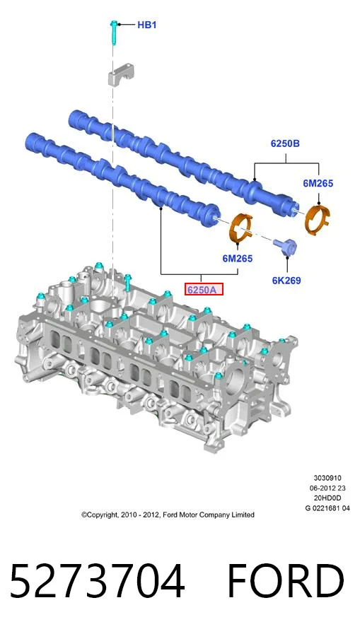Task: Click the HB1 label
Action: click(147, 25)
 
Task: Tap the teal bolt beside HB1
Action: click(114, 33)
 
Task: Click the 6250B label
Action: click(285, 143)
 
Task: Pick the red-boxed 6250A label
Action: click(204, 290)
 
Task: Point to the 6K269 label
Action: click(286, 280)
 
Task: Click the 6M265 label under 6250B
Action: click(318, 184)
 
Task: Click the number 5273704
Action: click(97, 581)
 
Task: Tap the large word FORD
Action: click(286, 581)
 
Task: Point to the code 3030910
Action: click(327, 478)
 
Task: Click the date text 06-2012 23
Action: click(327, 488)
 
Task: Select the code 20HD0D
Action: click(327, 498)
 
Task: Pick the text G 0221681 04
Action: click(327, 508)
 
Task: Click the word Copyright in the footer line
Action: click(101, 515)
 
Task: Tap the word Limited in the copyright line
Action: click(243, 515)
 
